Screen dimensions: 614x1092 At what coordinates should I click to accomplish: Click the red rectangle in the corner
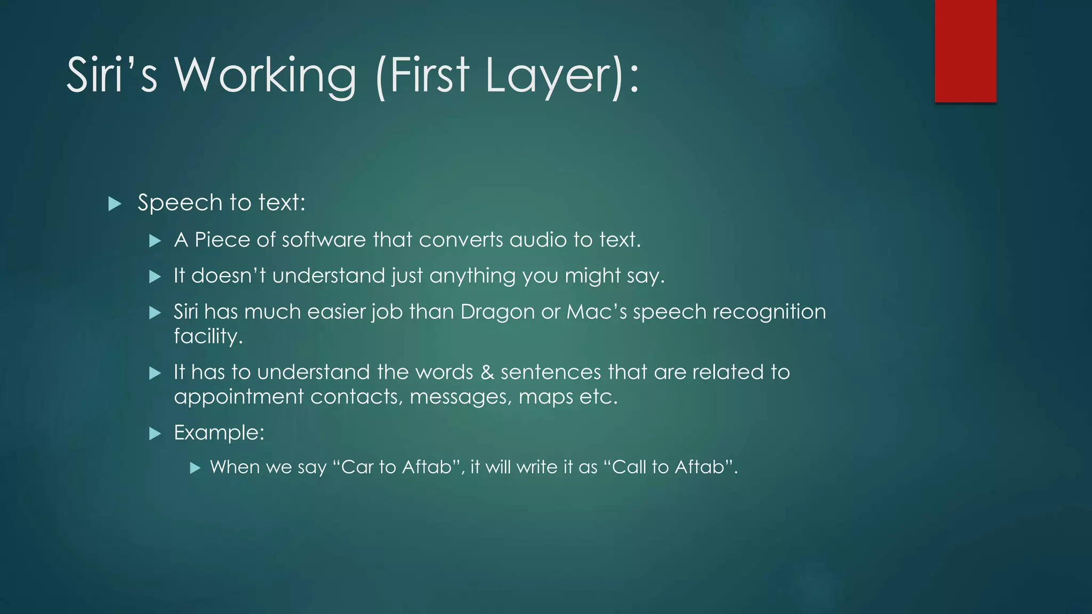coord(965,51)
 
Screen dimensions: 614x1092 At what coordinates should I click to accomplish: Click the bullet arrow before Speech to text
coord(115,204)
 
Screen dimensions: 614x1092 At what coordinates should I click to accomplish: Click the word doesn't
coord(228,276)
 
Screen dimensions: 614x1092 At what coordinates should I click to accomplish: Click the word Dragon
coord(497,312)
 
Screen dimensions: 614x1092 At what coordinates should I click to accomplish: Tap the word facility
coord(208,336)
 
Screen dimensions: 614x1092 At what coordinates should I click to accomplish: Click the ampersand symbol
coord(487,372)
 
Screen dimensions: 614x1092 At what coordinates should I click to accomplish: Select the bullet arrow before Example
coord(155,433)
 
